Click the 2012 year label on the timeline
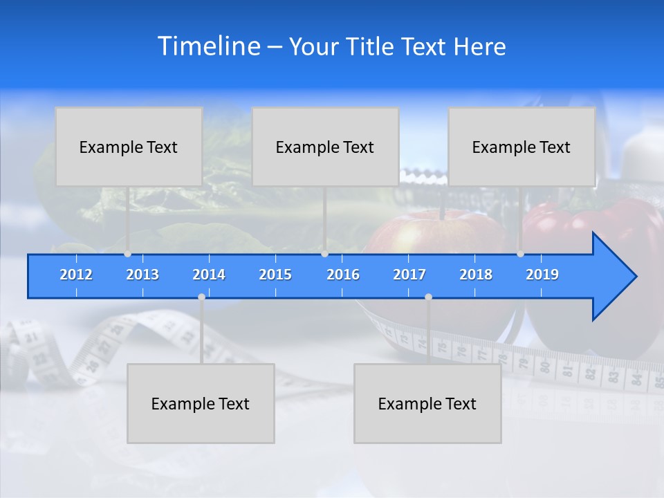[x=76, y=275]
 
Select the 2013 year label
[x=142, y=275]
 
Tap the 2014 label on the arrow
[x=209, y=275]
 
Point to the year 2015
[x=275, y=275]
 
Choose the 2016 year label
[x=343, y=275]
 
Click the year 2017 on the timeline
[x=409, y=275]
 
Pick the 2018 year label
[x=476, y=275]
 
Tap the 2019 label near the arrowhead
[x=542, y=275]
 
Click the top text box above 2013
[x=129, y=147]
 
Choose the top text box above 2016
[x=325, y=147]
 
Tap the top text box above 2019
[x=522, y=147]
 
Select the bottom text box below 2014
[x=201, y=403]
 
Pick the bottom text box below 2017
[x=427, y=403]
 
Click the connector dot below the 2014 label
[x=201, y=297]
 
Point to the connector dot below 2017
[x=428, y=297]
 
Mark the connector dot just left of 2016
[x=324, y=254]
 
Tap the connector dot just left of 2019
[x=520, y=254]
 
